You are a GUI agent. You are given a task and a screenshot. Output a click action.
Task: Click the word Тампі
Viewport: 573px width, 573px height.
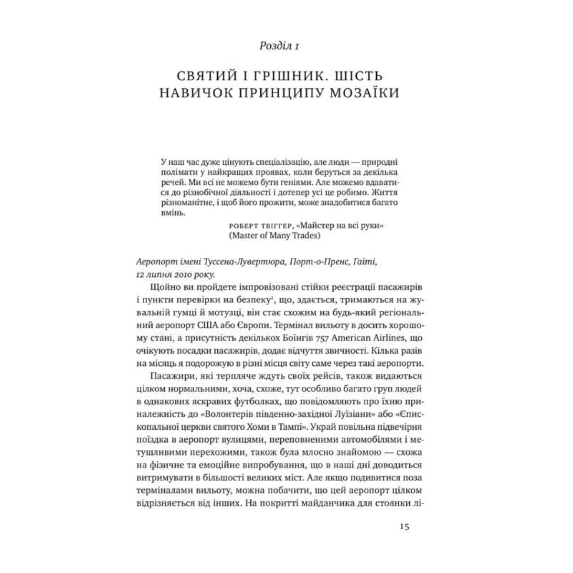(297, 425)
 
